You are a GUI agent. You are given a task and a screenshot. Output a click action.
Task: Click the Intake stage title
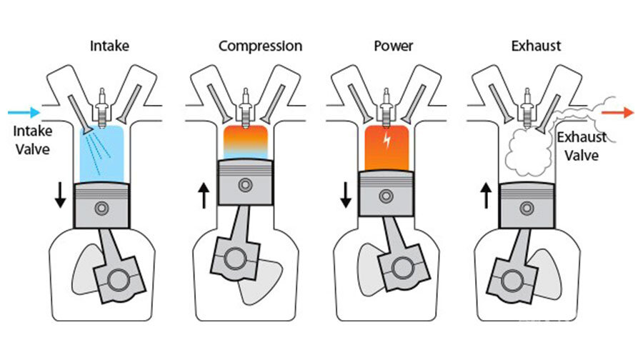coord(109,46)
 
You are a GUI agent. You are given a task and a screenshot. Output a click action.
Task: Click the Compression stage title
coord(260,46)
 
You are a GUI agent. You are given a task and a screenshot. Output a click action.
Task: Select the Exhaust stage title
coord(536,46)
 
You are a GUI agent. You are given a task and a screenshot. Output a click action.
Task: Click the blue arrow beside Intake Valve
coord(23,112)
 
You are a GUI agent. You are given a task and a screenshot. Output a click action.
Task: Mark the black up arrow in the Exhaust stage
coord(487,195)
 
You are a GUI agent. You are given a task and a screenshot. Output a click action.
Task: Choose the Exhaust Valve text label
coord(582,145)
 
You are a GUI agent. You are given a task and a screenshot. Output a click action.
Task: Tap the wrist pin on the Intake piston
coord(104,208)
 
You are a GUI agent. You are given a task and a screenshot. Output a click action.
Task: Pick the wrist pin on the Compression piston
coord(246,184)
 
